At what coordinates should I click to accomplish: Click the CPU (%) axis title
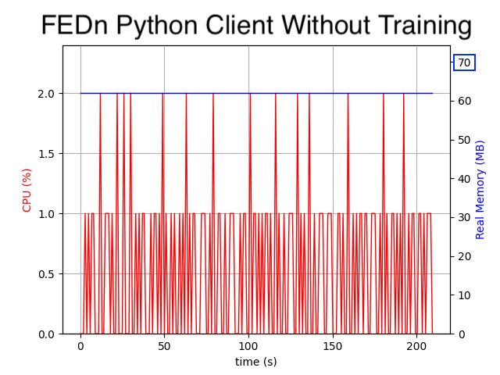coord(27,190)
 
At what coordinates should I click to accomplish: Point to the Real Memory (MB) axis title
coord(480,190)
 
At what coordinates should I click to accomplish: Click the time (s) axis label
coord(255,362)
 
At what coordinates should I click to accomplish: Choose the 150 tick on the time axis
coord(333,345)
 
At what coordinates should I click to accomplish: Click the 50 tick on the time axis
coord(164,345)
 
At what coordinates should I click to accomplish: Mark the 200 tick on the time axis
coord(416,345)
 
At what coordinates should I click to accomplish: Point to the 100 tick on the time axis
coord(248,345)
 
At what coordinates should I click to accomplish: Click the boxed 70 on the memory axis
coord(464,62)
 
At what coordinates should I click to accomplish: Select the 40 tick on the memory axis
coord(464,179)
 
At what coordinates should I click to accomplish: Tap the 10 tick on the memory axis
coord(464,295)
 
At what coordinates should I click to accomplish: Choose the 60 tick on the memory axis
coord(464,102)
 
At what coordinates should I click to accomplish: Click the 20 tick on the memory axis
coord(464,256)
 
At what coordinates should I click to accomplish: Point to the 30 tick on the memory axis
coord(464,217)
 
